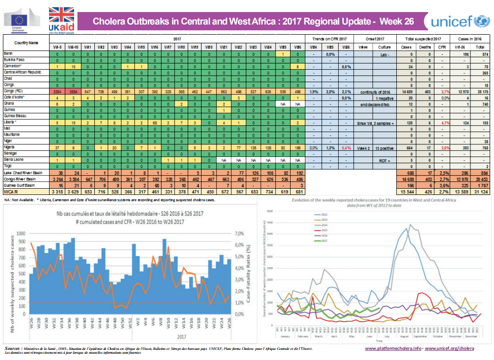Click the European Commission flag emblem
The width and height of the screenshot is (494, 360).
[x=20, y=20]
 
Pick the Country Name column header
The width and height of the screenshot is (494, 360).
[x=26, y=43]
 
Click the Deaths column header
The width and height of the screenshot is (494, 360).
[x=425, y=47]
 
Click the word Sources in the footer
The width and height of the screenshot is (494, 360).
[x=12, y=347]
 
